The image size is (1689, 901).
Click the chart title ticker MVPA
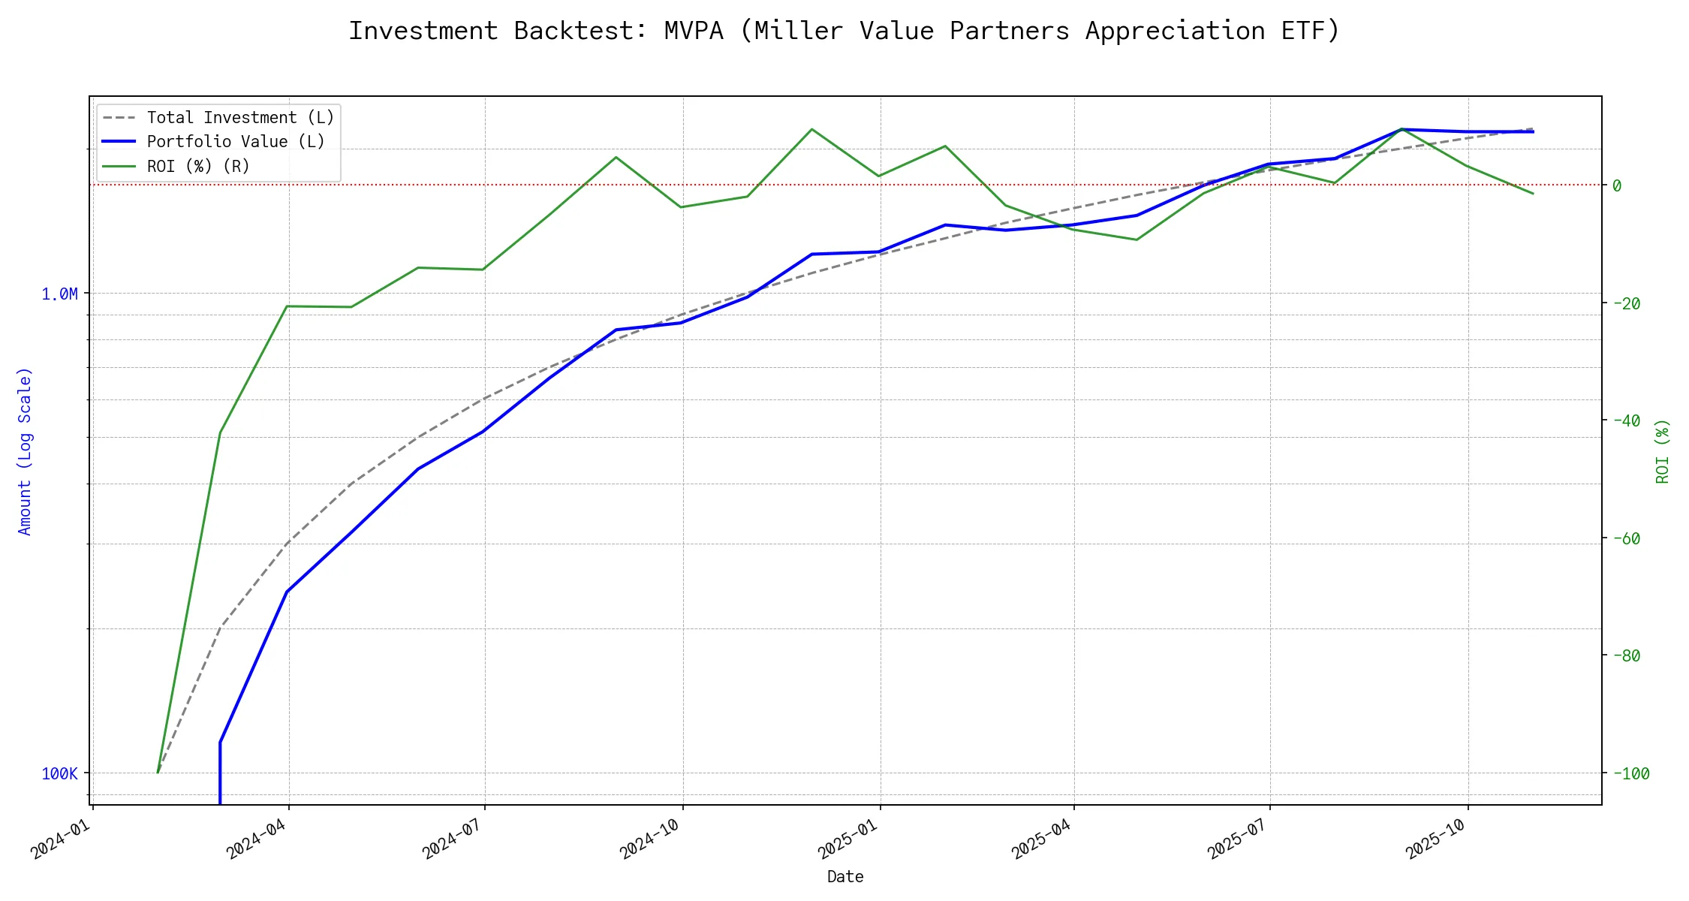click(x=694, y=31)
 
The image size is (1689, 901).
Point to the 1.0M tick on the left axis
click(x=59, y=294)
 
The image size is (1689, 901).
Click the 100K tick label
click(x=59, y=773)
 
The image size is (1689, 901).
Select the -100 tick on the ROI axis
click(x=1630, y=773)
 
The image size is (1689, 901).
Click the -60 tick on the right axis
click(x=1626, y=538)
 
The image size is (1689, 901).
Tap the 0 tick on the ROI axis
click(x=1617, y=185)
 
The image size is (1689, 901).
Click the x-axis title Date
click(x=845, y=877)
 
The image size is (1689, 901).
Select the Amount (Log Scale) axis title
click(x=25, y=450)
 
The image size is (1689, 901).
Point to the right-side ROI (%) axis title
click(x=1663, y=450)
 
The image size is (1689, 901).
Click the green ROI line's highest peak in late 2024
click(x=811, y=129)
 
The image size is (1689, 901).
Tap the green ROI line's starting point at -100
click(x=158, y=773)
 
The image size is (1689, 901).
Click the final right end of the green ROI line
click(x=1533, y=194)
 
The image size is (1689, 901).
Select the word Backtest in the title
click(x=580, y=31)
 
